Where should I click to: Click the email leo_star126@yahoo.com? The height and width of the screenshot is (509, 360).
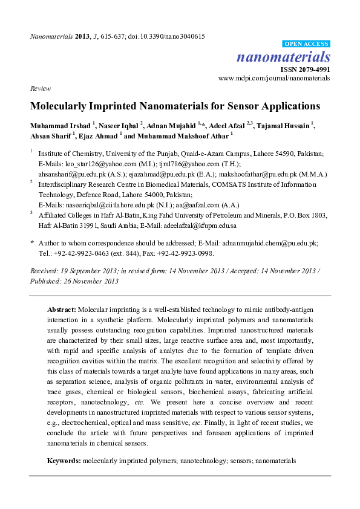pyautogui.click(x=93, y=163)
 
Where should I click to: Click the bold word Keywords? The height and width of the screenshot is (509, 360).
pyautogui.click(x=64, y=461)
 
